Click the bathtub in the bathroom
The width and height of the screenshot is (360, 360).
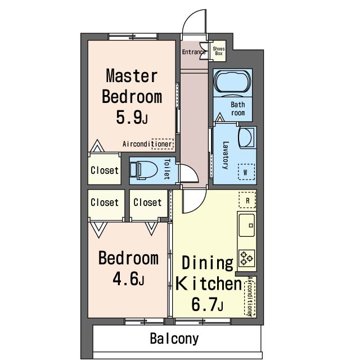tap(232, 82)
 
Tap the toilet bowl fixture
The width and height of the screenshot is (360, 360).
tap(143, 170)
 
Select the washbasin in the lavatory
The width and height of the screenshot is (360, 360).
tap(246, 137)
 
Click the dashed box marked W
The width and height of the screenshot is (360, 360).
tap(246, 172)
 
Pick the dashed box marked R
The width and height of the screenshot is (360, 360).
tap(247, 200)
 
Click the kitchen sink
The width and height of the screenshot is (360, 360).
tap(247, 225)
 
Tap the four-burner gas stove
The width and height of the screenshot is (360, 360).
tap(247, 258)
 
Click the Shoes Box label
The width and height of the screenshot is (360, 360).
tap(219, 51)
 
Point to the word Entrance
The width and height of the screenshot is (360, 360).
tap(193, 52)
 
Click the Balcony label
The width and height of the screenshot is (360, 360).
tap(174, 339)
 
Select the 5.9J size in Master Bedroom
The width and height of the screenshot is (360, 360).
tap(132, 118)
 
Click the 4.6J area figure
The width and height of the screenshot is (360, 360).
tap(128, 278)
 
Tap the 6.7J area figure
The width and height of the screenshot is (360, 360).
tap(208, 304)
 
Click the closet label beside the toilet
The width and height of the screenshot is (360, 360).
tap(105, 170)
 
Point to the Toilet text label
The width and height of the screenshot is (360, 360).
tap(167, 169)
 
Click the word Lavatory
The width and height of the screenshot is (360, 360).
tap(226, 155)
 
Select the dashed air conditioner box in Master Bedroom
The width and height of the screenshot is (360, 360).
tap(163, 144)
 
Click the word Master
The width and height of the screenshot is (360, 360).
tap(132, 76)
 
